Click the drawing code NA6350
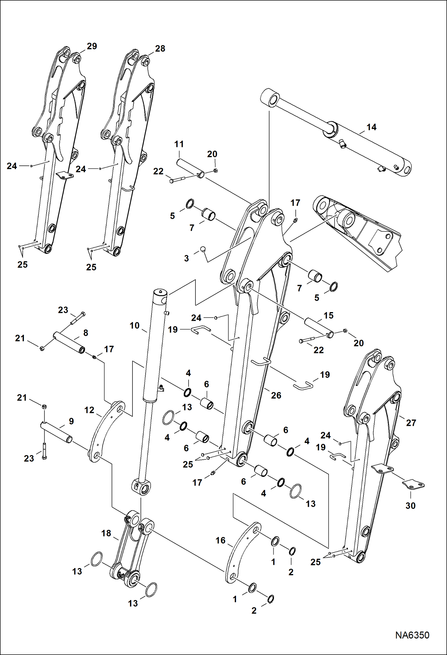pyautogui.click(x=412, y=635)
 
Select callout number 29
pyautogui.click(x=92, y=46)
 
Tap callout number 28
pyautogui.click(x=160, y=49)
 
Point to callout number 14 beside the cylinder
pyautogui.click(x=371, y=127)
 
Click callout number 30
pyautogui.click(x=410, y=506)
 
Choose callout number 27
pyautogui.click(x=411, y=423)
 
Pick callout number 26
pyautogui.click(x=276, y=395)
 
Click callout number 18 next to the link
pyautogui.click(x=106, y=533)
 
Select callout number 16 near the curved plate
pyautogui.click(x=221, y=540)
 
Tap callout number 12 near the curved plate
pyautogui.click(x=89, y=410)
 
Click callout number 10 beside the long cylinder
pyautogui.click(x=135, y=325)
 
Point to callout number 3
pyautogui.click(x=186, y=258)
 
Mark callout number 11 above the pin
pyautogui.click(x=179, y=144)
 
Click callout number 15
pyautogui.click(x=328, y=315)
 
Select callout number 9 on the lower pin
pyautogui.click(x=71, y=421)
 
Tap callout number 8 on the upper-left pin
pyautogui.click(x=86, y=333)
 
